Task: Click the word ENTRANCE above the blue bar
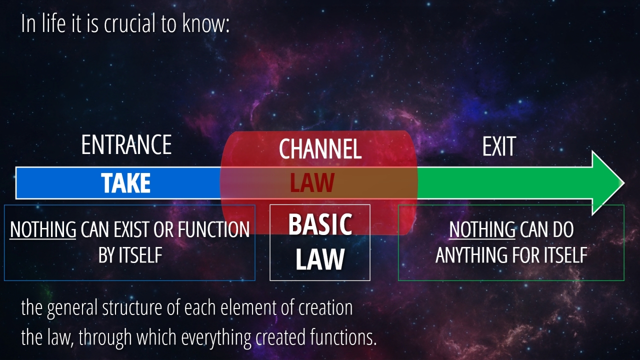click(126, 145)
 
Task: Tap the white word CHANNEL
click(320, 148)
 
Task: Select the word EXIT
click(499, 146)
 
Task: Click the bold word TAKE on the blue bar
click(125, 183)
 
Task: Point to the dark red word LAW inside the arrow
click(312, 182)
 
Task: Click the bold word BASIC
click(320, 224)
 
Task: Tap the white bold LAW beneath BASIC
click(320, 259)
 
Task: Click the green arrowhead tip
click(624, 183)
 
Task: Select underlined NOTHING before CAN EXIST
click(43, 229)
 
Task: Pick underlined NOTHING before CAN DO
click(482, 229)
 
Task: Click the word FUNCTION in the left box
click(213, 229)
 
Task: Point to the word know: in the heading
click(206, 23)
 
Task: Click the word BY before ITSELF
click(106, 255)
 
